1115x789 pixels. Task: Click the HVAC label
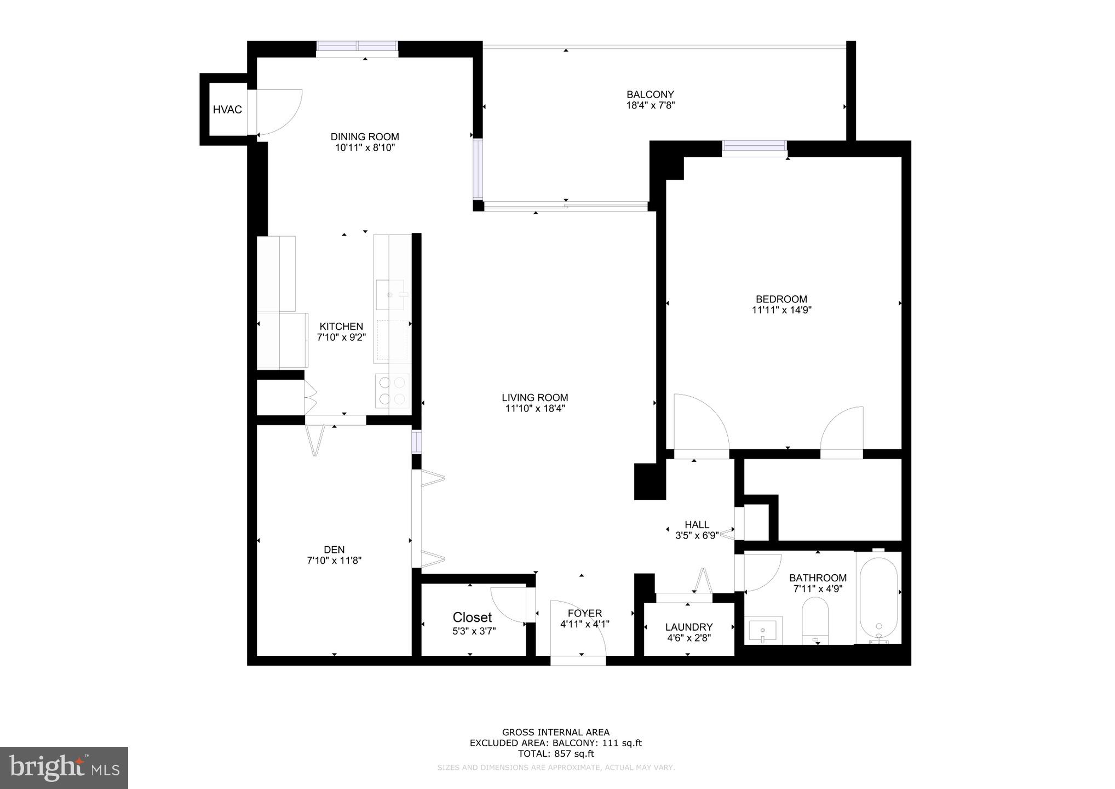click(x=227, y=110)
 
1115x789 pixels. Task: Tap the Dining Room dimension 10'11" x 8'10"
click(x=365, y=148)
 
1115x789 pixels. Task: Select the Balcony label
click(x=650, y=94)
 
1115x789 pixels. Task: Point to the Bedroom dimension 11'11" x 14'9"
click(x=781, y=310)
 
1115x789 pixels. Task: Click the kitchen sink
click(x=391, y=295)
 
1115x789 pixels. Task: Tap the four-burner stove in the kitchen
click(x=392, y=390)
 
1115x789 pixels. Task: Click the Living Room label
click(x=534, y=398)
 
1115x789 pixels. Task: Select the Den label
click(x=334, y=550)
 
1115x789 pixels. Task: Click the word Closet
click(x=472, y=618)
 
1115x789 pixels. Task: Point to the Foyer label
click(x=584, y=613)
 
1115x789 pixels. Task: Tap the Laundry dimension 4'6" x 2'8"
click(x=688, y=638)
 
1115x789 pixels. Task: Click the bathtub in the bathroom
click(x=878, y=600)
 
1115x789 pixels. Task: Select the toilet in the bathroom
click(x=815, y=621)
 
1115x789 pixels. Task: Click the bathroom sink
click(x=763, y=630)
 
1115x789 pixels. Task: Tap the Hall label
click(x=697, y=524)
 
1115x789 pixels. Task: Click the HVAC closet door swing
click(x=279, y=112)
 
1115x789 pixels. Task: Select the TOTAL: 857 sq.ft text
click(x=555, y=753)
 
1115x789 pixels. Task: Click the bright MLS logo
click(x=64, y=768)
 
